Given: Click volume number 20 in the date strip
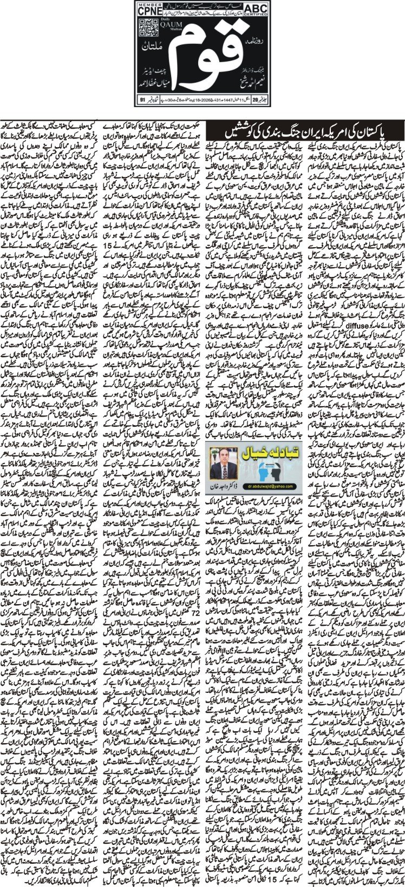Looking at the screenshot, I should (264, 100).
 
